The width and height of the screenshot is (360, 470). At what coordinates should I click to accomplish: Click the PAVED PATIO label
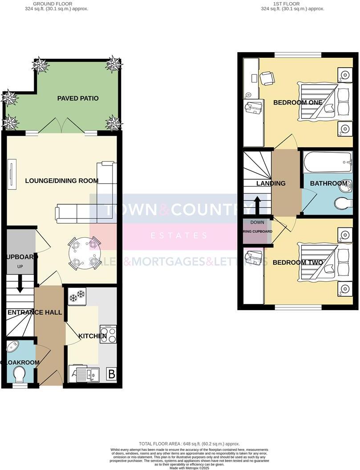point(78,98)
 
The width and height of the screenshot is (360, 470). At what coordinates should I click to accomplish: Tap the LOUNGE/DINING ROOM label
point(62,181)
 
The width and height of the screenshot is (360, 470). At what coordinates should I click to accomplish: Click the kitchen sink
point(88,374)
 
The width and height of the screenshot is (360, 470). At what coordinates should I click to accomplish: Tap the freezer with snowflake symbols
point(77,296)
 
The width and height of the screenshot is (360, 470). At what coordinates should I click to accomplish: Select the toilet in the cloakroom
point(20,374)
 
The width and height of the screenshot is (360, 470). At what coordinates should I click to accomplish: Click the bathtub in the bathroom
point(327,162)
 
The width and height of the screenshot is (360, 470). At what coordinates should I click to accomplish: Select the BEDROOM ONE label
point(298,102)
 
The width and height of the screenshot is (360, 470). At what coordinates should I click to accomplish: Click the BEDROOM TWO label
point(298,263)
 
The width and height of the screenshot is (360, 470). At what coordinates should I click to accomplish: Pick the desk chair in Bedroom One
point(267,78)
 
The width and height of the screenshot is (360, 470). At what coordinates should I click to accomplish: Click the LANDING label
point(271,183)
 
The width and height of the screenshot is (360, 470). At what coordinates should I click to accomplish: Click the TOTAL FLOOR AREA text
point(189,444)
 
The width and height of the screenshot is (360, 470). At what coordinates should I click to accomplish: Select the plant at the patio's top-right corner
point(113,65)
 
